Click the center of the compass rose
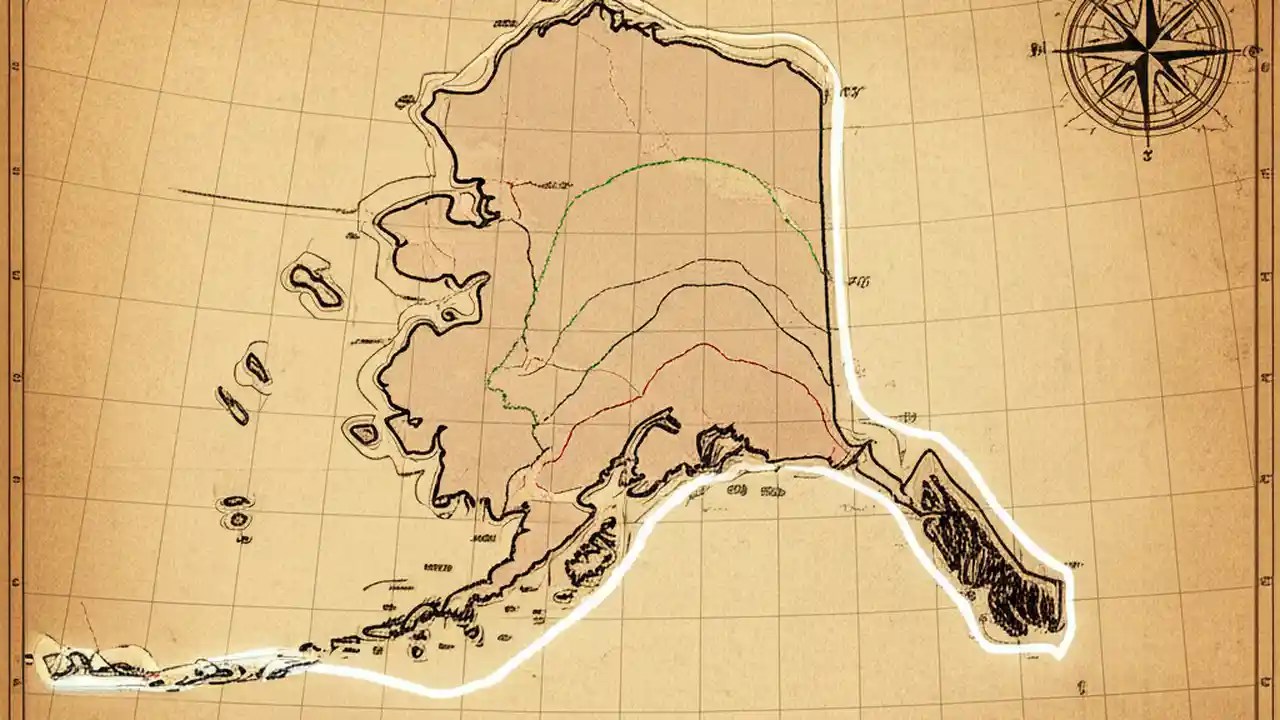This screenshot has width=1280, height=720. coord(1147,50)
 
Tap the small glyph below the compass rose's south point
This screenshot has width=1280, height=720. coord(1147,154)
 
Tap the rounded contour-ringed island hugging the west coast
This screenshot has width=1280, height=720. coord(363,433)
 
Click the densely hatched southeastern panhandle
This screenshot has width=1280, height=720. coord(985,555)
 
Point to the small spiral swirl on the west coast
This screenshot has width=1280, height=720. coord(447,315)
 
